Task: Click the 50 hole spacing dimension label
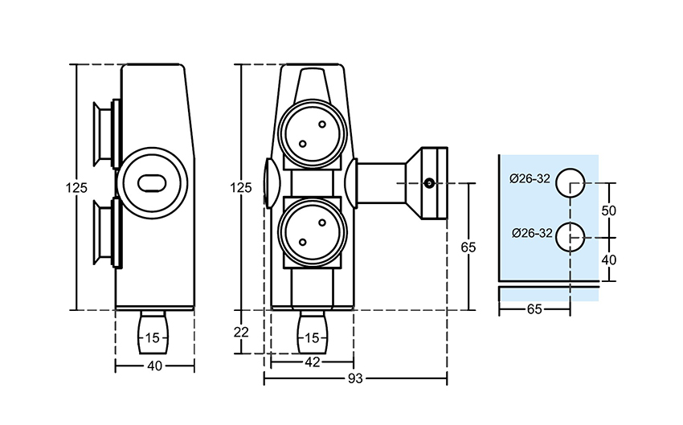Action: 608,210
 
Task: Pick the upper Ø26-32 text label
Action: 530,178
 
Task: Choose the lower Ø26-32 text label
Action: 530,234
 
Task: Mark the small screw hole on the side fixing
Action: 431,184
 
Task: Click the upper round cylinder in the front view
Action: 313,133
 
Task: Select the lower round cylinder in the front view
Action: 313,233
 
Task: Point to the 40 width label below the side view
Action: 155,366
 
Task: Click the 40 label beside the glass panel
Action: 608,260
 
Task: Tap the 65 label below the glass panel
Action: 534,309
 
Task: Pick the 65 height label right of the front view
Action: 468,247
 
